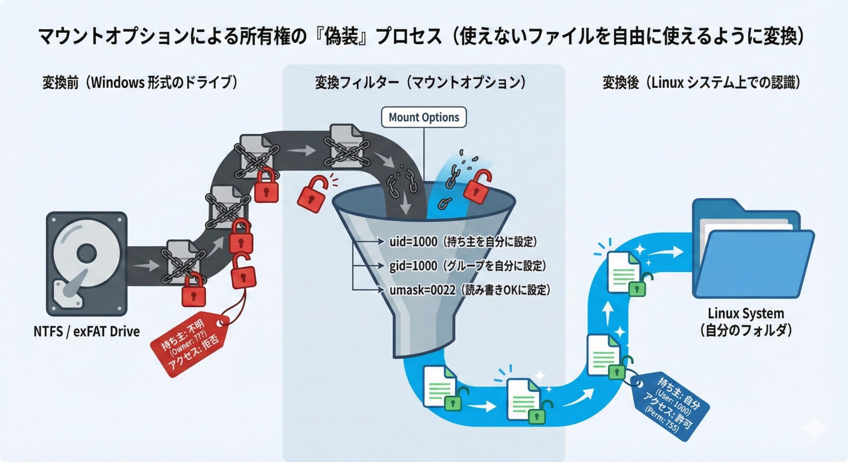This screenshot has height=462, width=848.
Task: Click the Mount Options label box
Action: coord(424,117)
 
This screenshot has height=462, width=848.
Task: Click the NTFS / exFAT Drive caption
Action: coord(87,331)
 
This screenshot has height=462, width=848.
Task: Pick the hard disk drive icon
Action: coord(87,263)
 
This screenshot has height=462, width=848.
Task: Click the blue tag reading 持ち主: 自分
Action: coord(670,405)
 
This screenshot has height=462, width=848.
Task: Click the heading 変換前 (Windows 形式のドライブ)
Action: coord(140,83)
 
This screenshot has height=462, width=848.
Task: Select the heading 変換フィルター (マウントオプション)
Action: coord(420,83)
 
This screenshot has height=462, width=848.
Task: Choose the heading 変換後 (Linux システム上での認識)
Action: coord(701,83)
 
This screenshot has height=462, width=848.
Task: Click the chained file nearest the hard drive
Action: coord(182,261)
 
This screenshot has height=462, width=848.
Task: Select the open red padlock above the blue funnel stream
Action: coord(477,187)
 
